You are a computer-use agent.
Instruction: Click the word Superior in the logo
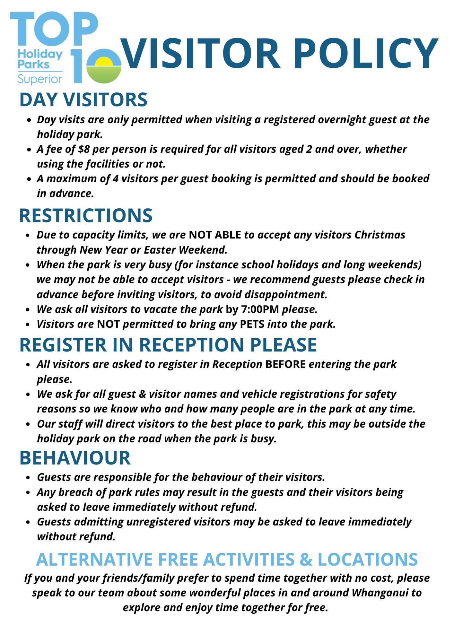[x=40, y=79]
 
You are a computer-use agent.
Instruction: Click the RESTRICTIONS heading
[x=86, y=215]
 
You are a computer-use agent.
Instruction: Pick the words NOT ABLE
[x=215, y=235]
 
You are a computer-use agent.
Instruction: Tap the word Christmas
[x=380, y=235]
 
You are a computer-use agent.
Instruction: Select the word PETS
[x=252, y=324]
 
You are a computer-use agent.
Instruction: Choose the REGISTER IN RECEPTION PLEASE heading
[x=168, y=345]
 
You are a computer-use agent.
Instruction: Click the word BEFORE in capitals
[x=286, y=364]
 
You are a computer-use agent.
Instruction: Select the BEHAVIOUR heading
[x=75, y=458]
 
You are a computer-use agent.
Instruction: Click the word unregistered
[x=178, y=522]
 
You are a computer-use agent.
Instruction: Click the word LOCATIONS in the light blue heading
[x=368, y=559]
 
